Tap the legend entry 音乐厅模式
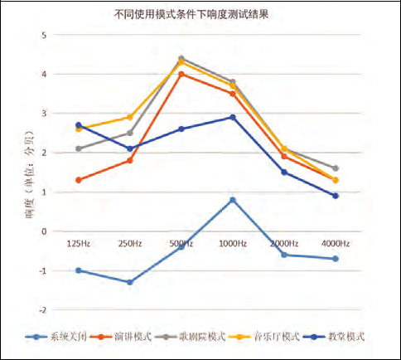273,336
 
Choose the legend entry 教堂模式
341,336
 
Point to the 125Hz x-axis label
79,244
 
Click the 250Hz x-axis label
130,244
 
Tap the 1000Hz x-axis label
233,244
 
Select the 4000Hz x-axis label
335,244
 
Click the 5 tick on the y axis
44,35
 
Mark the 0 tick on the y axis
44,231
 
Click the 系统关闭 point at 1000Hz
233,200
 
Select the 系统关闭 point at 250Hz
130,282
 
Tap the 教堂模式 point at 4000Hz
335,196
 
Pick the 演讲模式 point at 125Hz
79,180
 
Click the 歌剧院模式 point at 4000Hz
335,168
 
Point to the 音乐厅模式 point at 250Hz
130,117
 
